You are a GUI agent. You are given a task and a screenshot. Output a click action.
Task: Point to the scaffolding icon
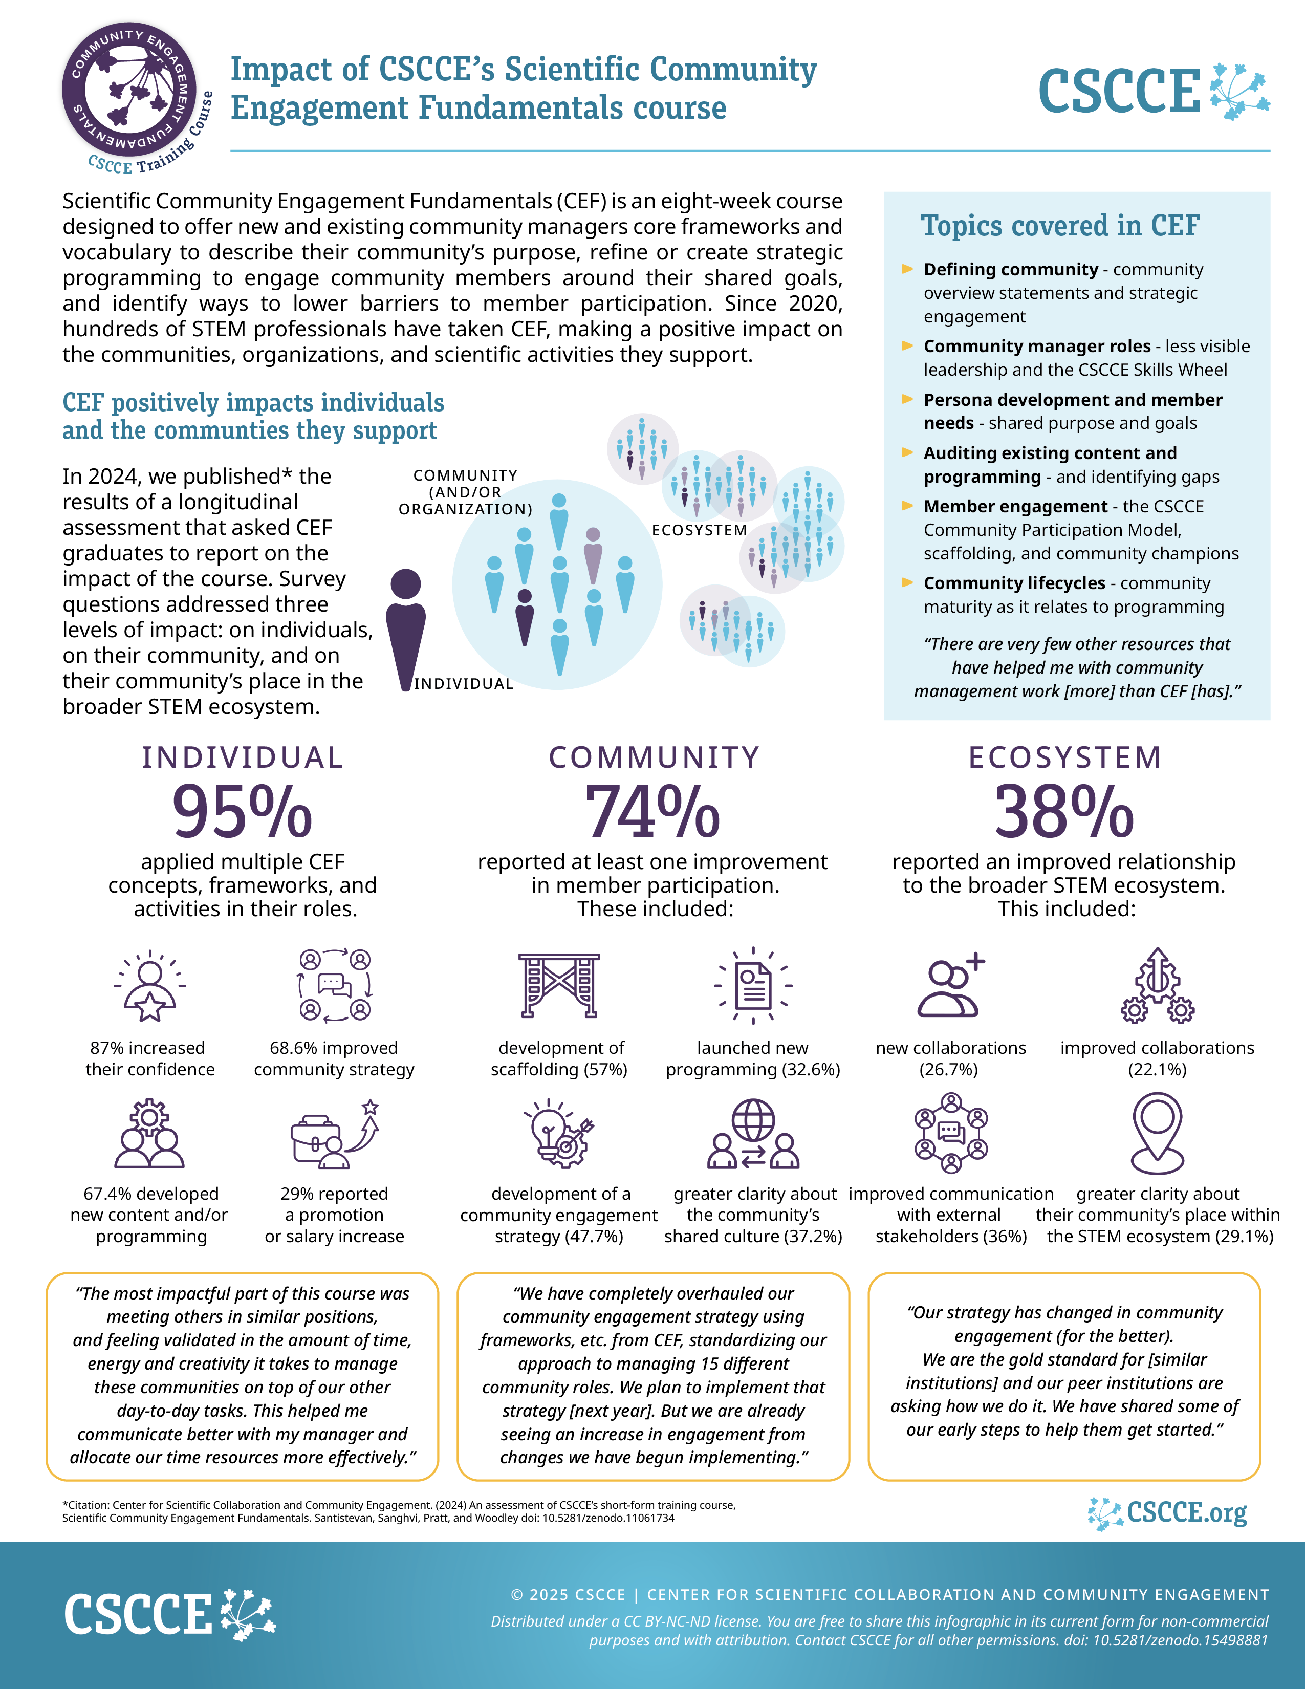(x=559, y=985)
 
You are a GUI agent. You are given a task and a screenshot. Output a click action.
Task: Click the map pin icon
(x=1157, y=1133)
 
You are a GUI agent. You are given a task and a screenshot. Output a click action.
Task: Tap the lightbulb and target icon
(x=559, y=1133)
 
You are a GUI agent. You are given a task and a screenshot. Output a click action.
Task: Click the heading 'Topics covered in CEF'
(x=1060, y=226)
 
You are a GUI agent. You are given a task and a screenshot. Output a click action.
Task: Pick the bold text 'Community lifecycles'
(x=1014, y=583)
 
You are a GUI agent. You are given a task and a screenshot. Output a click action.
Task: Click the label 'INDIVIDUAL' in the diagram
(x=463, y=684)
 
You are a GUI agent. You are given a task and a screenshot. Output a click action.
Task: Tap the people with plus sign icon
(x=951, y=985)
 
